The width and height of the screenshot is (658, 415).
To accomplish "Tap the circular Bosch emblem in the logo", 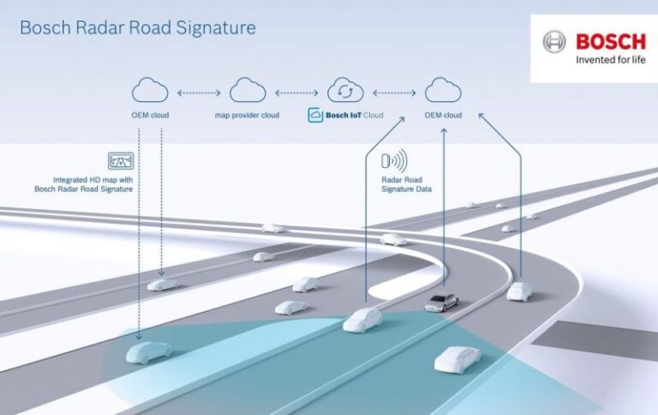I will point(554,41).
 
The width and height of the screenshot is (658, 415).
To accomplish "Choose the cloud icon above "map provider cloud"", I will point(248,89).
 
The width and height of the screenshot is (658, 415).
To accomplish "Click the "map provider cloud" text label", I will point(248,115).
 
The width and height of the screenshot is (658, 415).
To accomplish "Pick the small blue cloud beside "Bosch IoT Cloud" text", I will point(315,115).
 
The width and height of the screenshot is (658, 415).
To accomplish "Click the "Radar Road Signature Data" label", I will point(406,184).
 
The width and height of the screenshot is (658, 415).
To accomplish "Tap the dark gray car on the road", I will point(440,302).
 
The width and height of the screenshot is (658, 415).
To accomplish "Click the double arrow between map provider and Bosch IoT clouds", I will point(296,90).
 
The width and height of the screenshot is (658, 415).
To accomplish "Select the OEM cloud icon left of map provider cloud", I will point(149,89).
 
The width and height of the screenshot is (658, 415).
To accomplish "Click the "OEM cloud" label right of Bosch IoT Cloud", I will point(443,115).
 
